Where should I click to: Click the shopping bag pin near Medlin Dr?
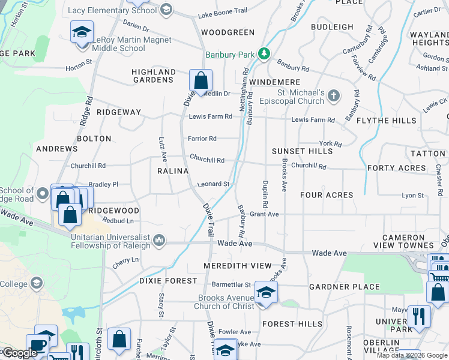pos(200,80)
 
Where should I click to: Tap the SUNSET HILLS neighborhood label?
pos(302,151)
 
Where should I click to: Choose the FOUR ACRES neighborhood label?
pos(327,195)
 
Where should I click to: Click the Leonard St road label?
pos(214,184)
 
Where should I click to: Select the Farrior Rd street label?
pos(202,139)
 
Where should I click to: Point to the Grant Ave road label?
pos(264,214)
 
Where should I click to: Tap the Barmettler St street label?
pos(231,284)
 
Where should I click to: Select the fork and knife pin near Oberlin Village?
pos(418,316)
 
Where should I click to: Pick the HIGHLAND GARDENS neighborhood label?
pos(154,76)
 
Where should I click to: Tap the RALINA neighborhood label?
pos(169,171)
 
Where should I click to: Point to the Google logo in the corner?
pos(19,353)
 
